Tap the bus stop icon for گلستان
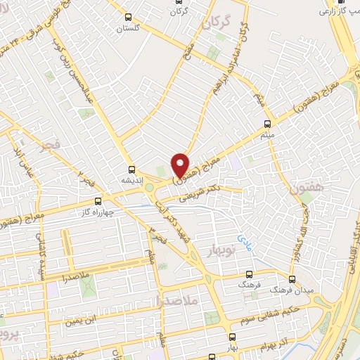(127, 17)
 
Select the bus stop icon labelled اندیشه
(131, 169)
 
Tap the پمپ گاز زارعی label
(339, 11)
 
